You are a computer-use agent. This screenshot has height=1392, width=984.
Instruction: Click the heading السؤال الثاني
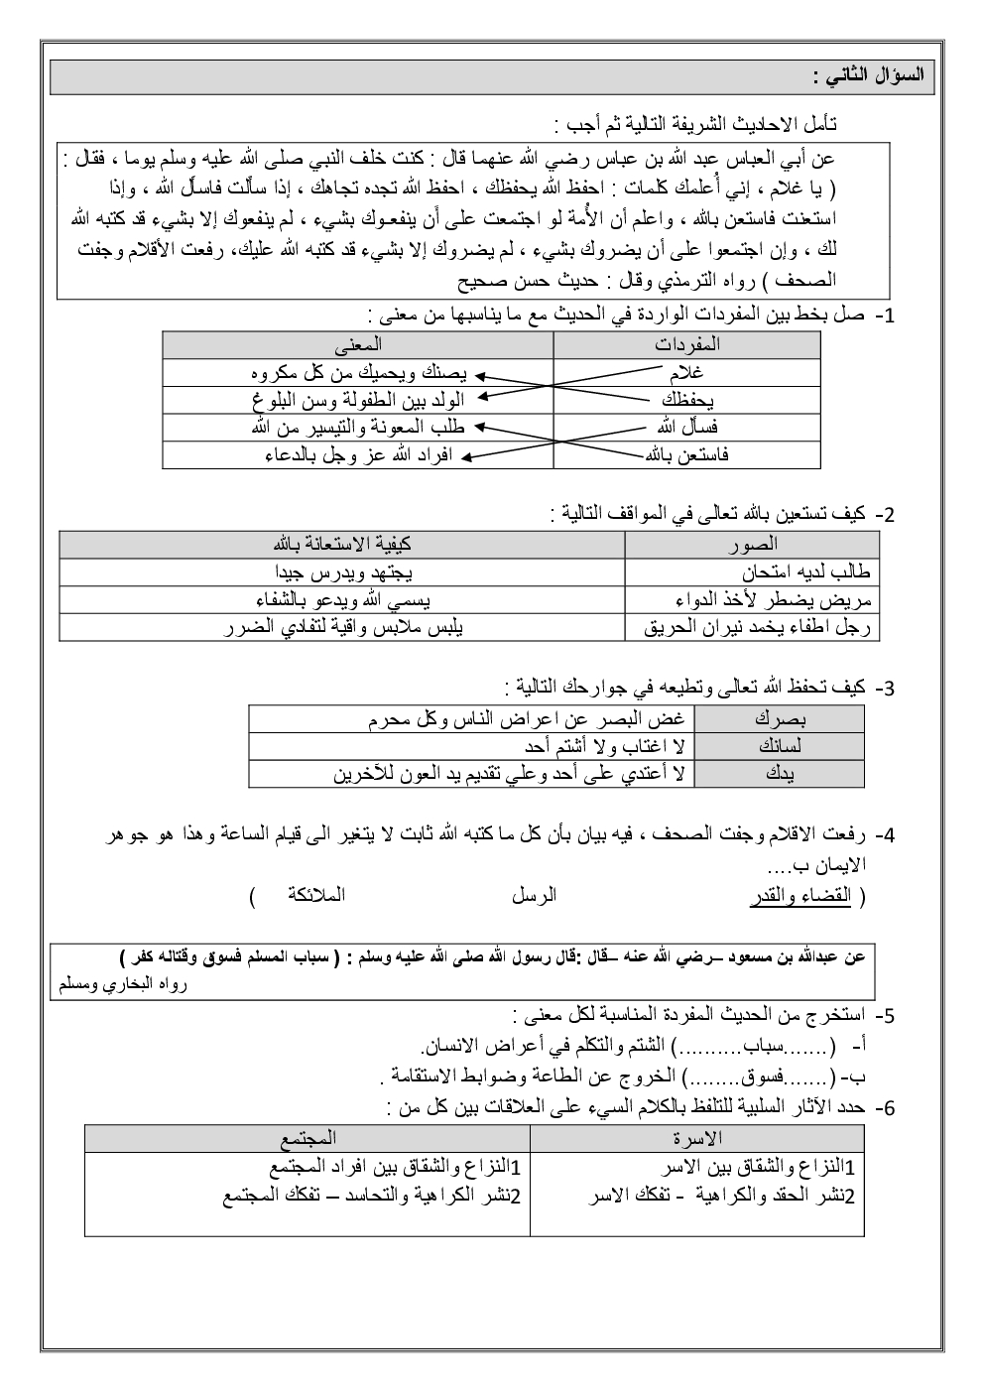coord(868,76)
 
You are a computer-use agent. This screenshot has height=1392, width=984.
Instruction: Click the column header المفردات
coord(687,344)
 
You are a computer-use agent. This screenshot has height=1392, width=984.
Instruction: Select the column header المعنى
coord(359,344)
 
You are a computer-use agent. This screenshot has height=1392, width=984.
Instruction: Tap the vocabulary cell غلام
coord(687,372)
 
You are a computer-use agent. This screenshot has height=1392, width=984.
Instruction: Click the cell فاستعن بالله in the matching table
coord(686,454)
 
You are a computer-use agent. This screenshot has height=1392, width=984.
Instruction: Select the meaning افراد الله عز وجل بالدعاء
coord(358,454)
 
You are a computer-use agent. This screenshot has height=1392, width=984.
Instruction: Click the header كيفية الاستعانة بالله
coord(342,545)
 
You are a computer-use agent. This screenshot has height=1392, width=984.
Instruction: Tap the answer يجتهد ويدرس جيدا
coord(343,572)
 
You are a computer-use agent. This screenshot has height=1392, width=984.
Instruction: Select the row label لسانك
coord(779,746)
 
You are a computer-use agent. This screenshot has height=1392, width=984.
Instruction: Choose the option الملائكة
coord(314,896)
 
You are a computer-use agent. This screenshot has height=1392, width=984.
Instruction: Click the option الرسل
coord(534,896)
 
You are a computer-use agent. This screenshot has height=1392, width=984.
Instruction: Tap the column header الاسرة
coord(696,1137)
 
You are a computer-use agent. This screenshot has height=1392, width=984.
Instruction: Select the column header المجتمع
coord(308,1137)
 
